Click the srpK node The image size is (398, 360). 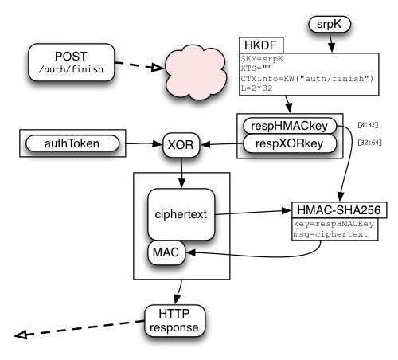[330, 25]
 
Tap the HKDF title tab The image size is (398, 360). [261, 45]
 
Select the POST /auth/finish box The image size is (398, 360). [72, 62]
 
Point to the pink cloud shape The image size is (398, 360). [196, 72]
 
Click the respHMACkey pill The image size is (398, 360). [290, 126]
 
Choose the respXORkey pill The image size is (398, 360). [290, 143]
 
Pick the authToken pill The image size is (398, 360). [72, 143]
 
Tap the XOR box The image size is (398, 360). [181, 145]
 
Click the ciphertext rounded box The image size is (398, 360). [181, 214]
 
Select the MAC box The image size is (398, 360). [166, 252]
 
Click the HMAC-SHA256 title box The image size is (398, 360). [339, 210]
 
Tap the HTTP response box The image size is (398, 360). [174, 321]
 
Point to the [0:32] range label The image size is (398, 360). [368, 125]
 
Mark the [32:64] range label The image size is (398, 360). [369, 143]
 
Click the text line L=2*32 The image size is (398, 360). [256, 88]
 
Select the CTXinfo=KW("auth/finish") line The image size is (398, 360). [307, 79]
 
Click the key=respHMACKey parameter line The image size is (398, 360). [334, 224]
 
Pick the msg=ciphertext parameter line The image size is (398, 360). [330, 234]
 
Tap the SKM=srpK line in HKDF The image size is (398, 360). [262, 59]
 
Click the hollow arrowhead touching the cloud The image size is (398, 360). [158, 68]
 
